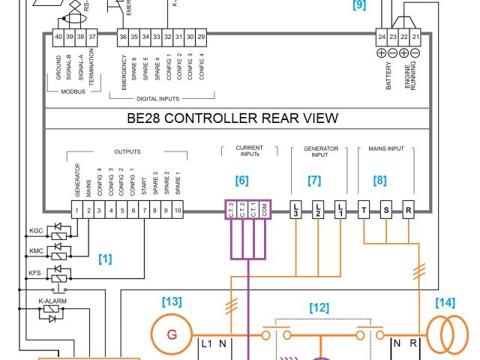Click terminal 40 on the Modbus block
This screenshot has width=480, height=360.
(x=58, y=37)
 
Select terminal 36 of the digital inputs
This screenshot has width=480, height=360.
(x=123, y=37)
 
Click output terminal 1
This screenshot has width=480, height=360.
(x=76, y=211)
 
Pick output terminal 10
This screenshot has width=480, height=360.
(x=178, y=211)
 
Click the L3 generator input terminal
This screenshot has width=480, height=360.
(x=296, y=211)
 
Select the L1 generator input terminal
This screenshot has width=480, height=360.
(x=340, y=211)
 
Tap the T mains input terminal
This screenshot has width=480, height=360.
(x=364, y=211)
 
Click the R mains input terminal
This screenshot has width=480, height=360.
(x=409, y=211)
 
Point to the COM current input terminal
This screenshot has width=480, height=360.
(x=263, y=211)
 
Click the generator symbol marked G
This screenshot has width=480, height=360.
(x=171, y=334)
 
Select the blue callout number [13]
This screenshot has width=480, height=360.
(x=172, y=302)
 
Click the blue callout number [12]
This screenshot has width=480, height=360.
(x=319, y=307)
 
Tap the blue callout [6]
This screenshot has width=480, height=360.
(x=241, y=180)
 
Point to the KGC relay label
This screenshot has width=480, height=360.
(x=35, y=231)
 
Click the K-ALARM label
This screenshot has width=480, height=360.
(x=49, y=301)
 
